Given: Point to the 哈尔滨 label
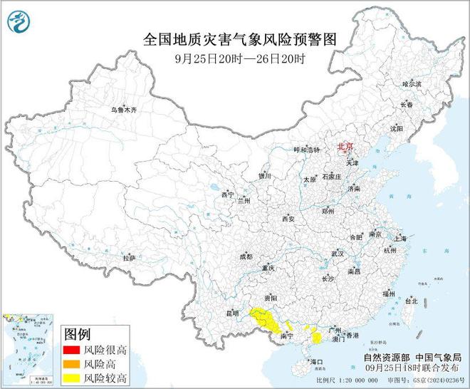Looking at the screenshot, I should [x=412, y=84].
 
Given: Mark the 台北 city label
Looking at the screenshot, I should [x=412, y=301].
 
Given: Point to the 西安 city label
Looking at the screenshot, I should [x=288, y=219].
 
